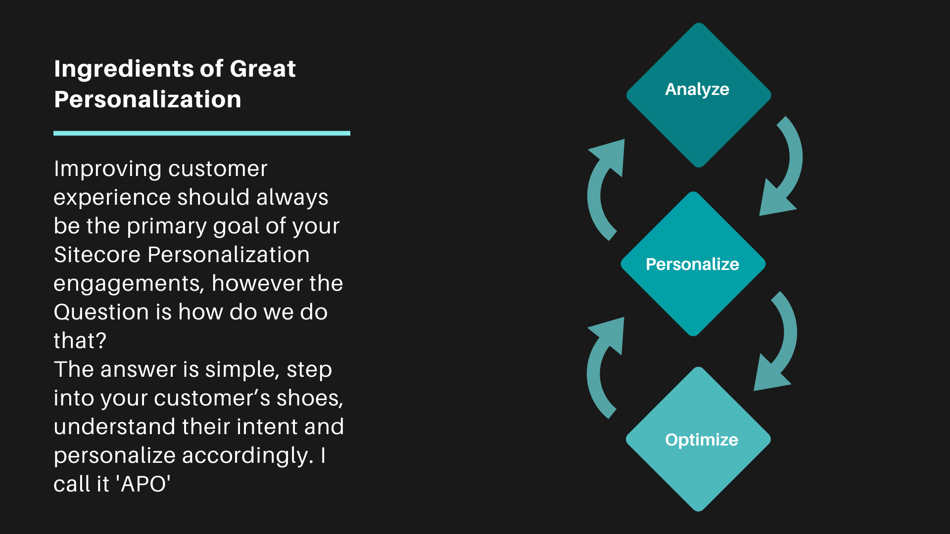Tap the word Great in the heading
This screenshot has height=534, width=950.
(x=263, y=68)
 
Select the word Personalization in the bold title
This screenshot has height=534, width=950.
(x=147, y=99)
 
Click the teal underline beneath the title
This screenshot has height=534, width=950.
(x=202, y=133)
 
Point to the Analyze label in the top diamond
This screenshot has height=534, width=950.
(x=697, y=89)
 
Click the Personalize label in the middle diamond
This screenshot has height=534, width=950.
(x=692, y=264)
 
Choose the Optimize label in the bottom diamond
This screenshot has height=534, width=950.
(x=702, y=440)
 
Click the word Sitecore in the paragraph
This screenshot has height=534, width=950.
(x=97, y=255)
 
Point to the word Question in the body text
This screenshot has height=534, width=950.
(x=101, y=312)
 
